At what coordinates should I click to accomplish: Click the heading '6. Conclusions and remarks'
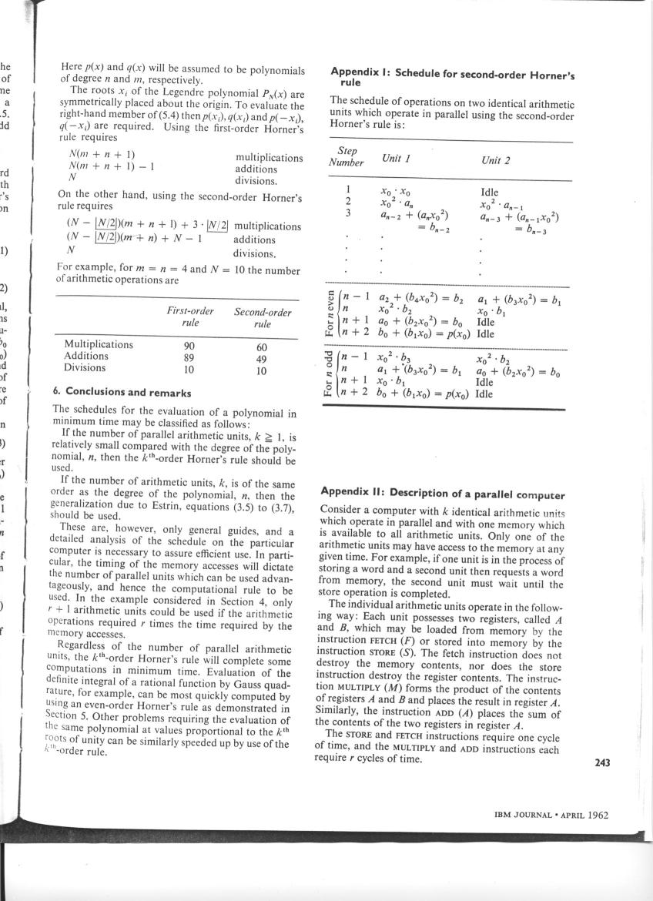pyautogui.click(x=122, y=393)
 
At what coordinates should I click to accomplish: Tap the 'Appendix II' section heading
pyautogui.click(x=443, y=494)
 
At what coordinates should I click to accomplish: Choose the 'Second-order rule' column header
pyautogui.click(x=262, y=317)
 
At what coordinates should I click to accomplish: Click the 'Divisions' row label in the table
pyautogui.click(x=85, y=369)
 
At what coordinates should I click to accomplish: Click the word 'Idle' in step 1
pyautogui.click(x=488, y=193)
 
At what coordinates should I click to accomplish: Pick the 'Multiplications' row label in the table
pyautogui.click(x=99, y=345)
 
